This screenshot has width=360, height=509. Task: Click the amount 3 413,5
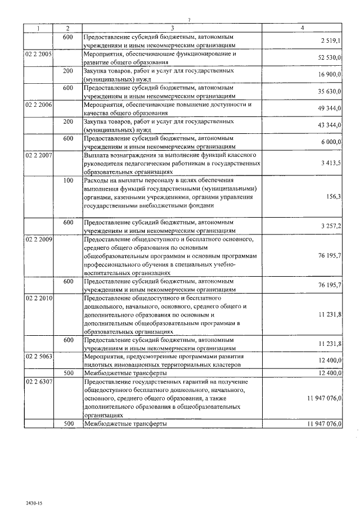(x=331, y=163)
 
